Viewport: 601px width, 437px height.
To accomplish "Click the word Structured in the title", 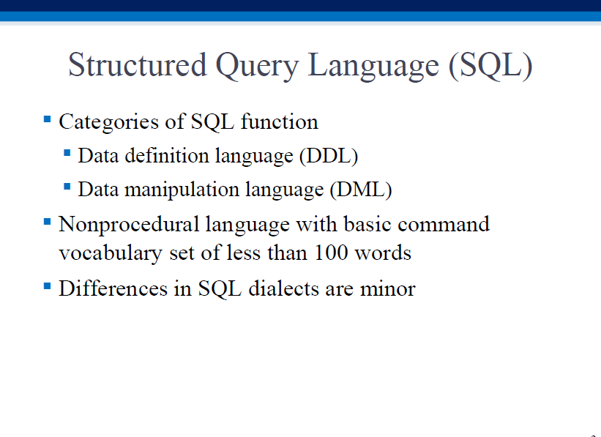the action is point(138,65).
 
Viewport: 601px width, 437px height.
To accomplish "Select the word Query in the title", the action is point(257,67).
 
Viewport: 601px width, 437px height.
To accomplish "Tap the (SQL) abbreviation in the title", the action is point(490,66).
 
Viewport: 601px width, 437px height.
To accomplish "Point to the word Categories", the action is point(108,122).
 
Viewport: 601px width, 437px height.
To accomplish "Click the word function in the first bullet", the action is point(280,122).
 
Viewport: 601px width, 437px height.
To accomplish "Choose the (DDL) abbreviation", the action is point(329,156).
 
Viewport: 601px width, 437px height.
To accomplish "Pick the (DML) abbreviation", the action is point(361,190).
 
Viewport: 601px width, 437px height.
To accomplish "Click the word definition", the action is point(166,156).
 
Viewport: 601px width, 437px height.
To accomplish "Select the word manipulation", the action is point(182,190).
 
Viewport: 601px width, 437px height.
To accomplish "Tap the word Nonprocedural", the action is point(129,225).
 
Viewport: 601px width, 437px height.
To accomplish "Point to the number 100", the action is point(331,253).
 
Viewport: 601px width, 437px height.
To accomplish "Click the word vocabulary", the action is point(111,254).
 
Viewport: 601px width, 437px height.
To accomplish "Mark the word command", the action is point(444,224).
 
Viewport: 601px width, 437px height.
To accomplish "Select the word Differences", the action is point(113,288).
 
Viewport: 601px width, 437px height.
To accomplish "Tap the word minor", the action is point(387,289).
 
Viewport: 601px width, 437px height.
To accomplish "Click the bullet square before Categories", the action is point(48,119).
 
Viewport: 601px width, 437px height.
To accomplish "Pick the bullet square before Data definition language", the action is point(67,153).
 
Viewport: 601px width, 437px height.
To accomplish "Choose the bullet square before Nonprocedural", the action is point(48,222).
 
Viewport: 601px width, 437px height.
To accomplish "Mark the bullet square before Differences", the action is point(48,285).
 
